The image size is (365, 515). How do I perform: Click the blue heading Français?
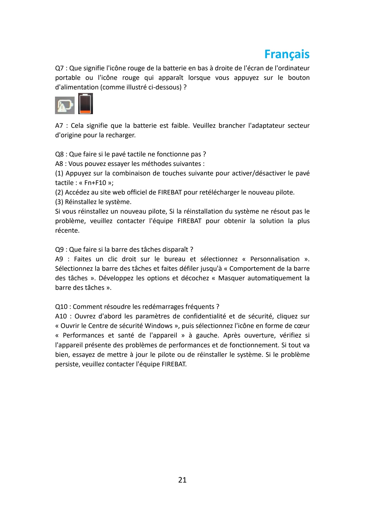tap(287, 54)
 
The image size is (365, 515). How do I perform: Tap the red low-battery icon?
tap(85, 104)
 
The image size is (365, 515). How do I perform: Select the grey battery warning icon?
tap(65, 105)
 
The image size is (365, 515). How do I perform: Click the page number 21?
tap(182, 480)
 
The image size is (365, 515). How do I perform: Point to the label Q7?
tap(59, 68)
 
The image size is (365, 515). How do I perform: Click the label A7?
tap(59, 126)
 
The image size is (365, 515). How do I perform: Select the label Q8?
tap(59, 154)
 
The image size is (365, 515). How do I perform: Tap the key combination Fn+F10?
tap(95, 183)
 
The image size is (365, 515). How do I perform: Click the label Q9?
tap(59, 250)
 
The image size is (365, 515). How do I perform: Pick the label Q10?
tap(61, 307)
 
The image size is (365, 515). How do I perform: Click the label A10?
tap(61, 316)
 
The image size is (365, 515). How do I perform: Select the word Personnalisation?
tap(275, 259)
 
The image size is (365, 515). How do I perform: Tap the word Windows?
tap(158, 326)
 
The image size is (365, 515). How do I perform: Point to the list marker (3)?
tap(59, 202)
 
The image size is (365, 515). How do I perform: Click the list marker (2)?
tap(59, 192)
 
